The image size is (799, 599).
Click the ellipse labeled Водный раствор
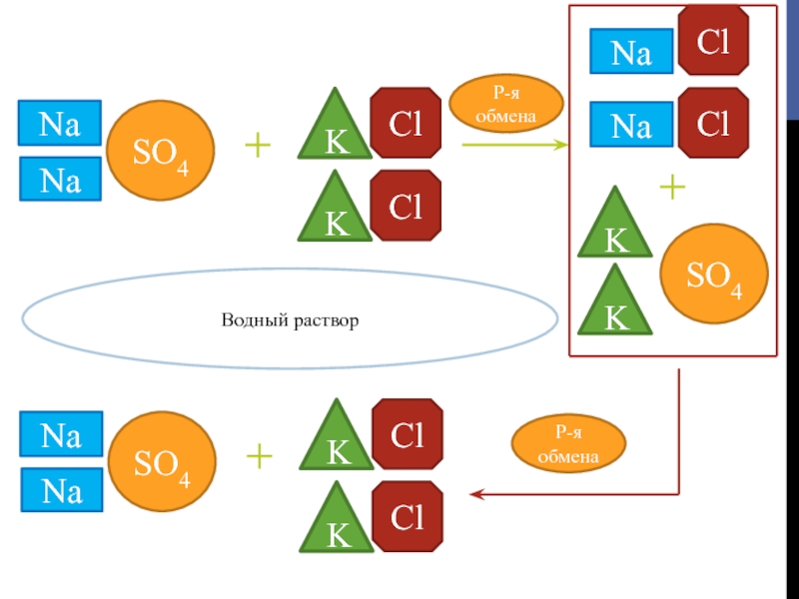coord(290,320)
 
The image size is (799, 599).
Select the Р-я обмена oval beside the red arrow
coord(568,445)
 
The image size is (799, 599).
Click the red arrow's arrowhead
coord(474,494)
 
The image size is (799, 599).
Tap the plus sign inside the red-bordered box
coord(674,187)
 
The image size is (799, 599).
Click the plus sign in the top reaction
coord(258,147)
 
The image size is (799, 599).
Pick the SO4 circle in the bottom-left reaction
coord(160,462)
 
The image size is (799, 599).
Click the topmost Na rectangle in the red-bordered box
coord(630,52)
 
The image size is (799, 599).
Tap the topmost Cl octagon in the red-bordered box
coord(714,41)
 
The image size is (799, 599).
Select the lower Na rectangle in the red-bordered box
coord(630,125)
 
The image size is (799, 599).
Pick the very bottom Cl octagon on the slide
coord(406,515)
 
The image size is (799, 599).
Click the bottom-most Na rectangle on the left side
coord(60,489)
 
